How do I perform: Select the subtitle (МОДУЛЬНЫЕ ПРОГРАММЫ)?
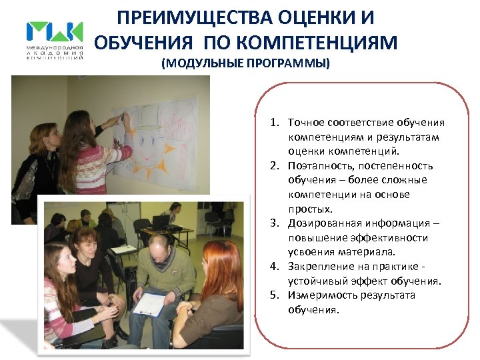point(245,65)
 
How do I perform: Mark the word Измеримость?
point(317,295)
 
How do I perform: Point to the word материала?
point(372,252)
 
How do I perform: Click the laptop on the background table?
point(161,221)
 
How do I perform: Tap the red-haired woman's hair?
point(219,267)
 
